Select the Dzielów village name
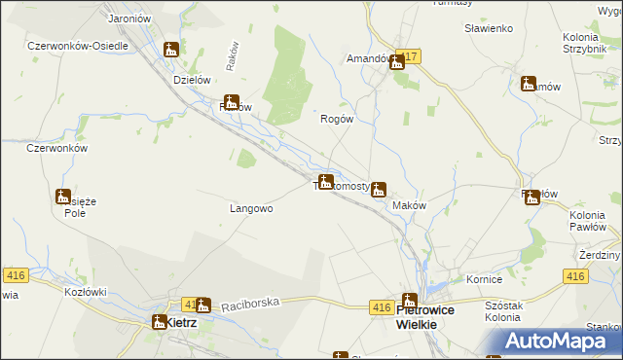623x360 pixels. point(192,81)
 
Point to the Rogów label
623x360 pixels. point(336,119)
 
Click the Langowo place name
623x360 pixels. point(250,208)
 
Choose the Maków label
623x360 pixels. point(409,206)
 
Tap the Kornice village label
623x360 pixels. point(483,278)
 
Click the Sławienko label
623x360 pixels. point(489,28)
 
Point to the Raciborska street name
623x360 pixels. point(250,304)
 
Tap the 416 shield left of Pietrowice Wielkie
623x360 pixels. point(382,307)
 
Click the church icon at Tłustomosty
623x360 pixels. point(326,182)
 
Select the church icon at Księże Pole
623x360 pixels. point(63,197)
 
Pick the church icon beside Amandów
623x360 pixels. point(397,63)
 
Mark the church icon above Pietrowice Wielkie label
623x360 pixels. point(410,302)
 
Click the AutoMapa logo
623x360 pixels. point(564,342)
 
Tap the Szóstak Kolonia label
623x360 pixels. point(502,311)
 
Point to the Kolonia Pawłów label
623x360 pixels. point(587,220)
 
